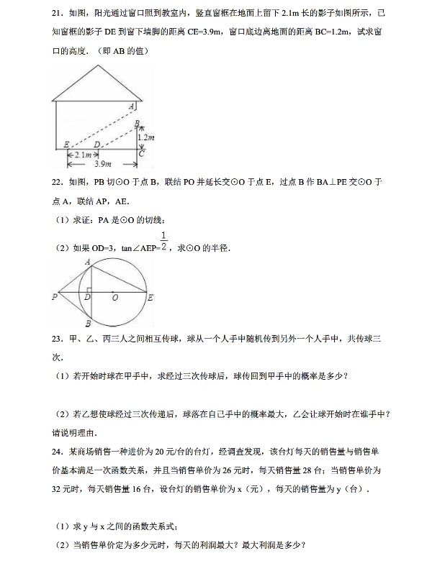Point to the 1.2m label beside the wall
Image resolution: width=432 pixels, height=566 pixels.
pyautogui.click(x=147, y=136)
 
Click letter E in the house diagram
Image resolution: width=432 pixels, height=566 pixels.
pyautogui.click(x=66, y=144)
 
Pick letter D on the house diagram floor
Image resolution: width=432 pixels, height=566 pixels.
pyautogui.click(x=96, y=144)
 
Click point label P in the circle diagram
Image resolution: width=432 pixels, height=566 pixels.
pyautogui.click(x=54, y=296)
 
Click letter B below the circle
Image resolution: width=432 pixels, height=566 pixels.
pyautogui.click(x=87, y=323)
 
